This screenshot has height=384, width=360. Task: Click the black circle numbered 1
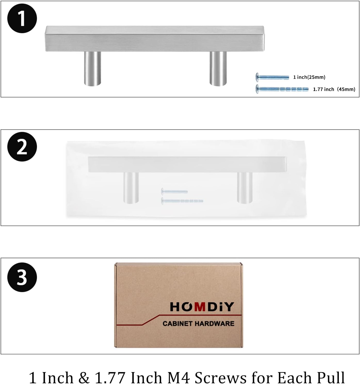22,18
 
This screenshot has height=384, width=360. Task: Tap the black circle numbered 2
22,147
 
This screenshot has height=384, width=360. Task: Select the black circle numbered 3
22,277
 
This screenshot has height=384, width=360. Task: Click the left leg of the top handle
92,69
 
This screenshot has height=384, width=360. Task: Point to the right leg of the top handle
218,69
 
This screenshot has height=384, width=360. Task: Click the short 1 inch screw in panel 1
272,77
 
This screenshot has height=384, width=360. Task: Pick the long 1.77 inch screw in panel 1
282,89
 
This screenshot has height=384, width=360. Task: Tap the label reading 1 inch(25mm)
309,77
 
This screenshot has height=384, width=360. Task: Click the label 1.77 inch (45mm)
334,89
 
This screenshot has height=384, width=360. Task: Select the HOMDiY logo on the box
202,307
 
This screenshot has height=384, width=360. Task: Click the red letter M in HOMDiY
200,307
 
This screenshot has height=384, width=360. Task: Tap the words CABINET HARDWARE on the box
198,324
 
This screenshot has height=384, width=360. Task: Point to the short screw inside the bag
174,192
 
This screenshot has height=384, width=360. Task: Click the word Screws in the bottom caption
221,377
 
